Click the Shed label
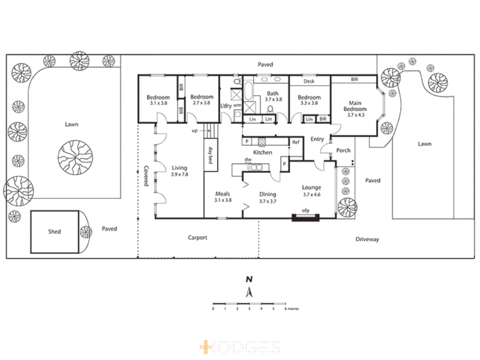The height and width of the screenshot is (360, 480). click(54, 231)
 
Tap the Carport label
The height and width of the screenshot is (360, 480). click(197, 238)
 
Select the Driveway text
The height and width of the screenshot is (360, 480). click(367, 239)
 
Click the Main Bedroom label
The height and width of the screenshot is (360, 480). click(355, 106)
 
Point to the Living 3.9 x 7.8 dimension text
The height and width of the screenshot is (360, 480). click(180, 174)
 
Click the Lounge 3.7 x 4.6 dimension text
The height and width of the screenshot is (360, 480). click(311, 195)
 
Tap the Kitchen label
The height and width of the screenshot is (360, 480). click(263, 152)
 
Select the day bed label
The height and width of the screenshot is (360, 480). click(210, 155)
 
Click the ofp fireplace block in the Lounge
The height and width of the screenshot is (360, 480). click(306, 218)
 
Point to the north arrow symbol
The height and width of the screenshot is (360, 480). click(249, 292)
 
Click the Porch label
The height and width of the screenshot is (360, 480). click(343, 150)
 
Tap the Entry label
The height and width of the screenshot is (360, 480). click(317, 139)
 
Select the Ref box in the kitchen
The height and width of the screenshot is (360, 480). click(296, 142)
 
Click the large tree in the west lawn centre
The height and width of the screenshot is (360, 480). click(75, 157)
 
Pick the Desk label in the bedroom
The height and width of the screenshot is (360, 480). click(309, 81)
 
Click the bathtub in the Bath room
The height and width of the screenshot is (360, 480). click(248, 91)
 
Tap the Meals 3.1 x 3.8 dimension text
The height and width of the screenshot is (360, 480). click(223, 200)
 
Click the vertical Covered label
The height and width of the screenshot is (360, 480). click(146, 176)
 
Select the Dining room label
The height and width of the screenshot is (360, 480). click(268, 194)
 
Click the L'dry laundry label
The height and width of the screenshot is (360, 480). click(226, 106)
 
